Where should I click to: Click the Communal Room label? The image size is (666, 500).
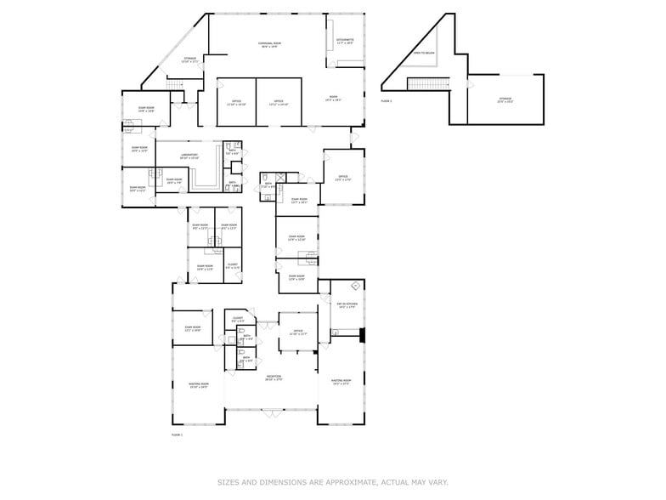(270, 44)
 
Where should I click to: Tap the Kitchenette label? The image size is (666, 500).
(345, 41)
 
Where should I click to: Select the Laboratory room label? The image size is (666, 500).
(189, 156)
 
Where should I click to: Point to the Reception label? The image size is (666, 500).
(273, 378)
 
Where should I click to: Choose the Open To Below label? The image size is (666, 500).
(423, 54)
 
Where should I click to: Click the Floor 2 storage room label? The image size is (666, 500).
(505, 101)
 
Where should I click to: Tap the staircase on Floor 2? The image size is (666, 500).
(427, 83)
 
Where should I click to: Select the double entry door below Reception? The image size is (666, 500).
(272, 413)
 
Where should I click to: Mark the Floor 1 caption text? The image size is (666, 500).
(177, 435)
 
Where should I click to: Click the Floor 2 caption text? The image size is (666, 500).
(386, 101)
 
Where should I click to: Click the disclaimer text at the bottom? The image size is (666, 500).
(333, 482)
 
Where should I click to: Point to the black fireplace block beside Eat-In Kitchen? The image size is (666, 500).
(362, 334)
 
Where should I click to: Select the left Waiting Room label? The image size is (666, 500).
(199, 385)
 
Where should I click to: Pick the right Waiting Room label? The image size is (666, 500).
(341, 382)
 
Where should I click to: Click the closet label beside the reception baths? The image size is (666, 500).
(237, 320)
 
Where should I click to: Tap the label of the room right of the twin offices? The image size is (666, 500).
(333, 99)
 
